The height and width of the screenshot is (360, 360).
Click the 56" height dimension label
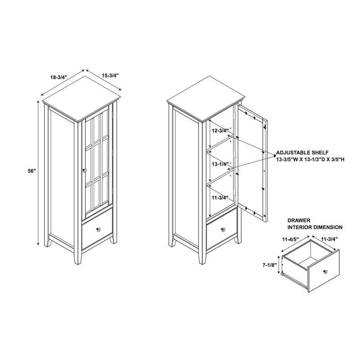32,171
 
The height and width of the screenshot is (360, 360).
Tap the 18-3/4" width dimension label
59,77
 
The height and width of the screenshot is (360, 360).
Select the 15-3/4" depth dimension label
110,75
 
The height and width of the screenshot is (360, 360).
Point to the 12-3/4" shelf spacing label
220,130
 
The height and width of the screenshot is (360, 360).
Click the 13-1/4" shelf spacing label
220,164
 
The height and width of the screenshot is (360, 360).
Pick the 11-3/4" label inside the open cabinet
220,198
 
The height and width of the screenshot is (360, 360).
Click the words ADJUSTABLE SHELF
302,153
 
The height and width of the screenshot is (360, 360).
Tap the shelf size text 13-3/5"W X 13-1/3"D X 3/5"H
310,159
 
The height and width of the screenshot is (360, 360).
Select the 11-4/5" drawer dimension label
290,239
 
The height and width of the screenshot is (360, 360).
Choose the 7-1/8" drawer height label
269,265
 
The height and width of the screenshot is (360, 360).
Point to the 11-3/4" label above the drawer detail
329,239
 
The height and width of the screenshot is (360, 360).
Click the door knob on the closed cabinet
85,171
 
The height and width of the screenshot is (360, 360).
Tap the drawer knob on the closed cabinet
99,229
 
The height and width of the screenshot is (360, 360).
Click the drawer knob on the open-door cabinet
223,229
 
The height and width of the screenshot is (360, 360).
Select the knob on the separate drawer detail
325,272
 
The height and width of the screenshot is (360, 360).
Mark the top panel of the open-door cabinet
206,99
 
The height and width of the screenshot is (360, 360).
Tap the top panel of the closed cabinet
81,99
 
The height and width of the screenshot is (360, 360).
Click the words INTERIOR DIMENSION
315,227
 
